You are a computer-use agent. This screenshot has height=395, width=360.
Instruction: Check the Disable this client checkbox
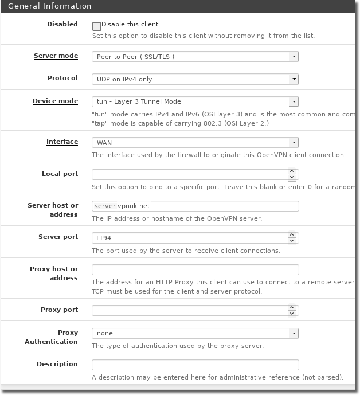click(96, 26)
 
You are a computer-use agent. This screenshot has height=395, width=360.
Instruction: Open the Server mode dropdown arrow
click(294, 57)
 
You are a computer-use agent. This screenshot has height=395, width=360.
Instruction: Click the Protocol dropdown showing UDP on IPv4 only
click(195, 79)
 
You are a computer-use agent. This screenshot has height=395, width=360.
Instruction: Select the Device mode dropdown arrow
click(294, 101)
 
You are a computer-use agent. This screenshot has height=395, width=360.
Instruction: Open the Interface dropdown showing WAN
click(195, 142)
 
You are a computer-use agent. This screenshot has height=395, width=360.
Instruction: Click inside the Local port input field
click(189, 174)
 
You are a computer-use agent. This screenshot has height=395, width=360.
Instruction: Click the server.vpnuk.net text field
click(195, 206)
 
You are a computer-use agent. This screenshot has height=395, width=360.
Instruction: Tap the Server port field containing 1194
click(189, 237)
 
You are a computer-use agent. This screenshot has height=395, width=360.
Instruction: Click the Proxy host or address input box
click(195, 269)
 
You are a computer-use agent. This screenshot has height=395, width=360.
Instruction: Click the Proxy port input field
click(189, 310)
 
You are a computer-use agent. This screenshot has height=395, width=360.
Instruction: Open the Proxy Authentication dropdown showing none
click(195, 333)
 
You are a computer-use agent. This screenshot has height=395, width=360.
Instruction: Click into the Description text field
click(195, 365)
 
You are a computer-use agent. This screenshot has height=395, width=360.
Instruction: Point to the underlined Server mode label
click(56, 56)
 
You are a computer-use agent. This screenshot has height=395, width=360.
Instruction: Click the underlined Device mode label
click(55, 101)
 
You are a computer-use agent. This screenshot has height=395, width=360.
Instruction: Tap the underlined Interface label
click(62, 142)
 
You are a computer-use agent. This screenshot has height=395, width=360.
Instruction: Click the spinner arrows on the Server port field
click(292, 237)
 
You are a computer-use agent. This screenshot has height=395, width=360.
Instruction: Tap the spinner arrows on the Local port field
click(292, 174)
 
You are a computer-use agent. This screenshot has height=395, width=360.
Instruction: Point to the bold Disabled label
click(62, 24)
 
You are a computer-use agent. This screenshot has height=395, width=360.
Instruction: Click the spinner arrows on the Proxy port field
click(292, 310)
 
